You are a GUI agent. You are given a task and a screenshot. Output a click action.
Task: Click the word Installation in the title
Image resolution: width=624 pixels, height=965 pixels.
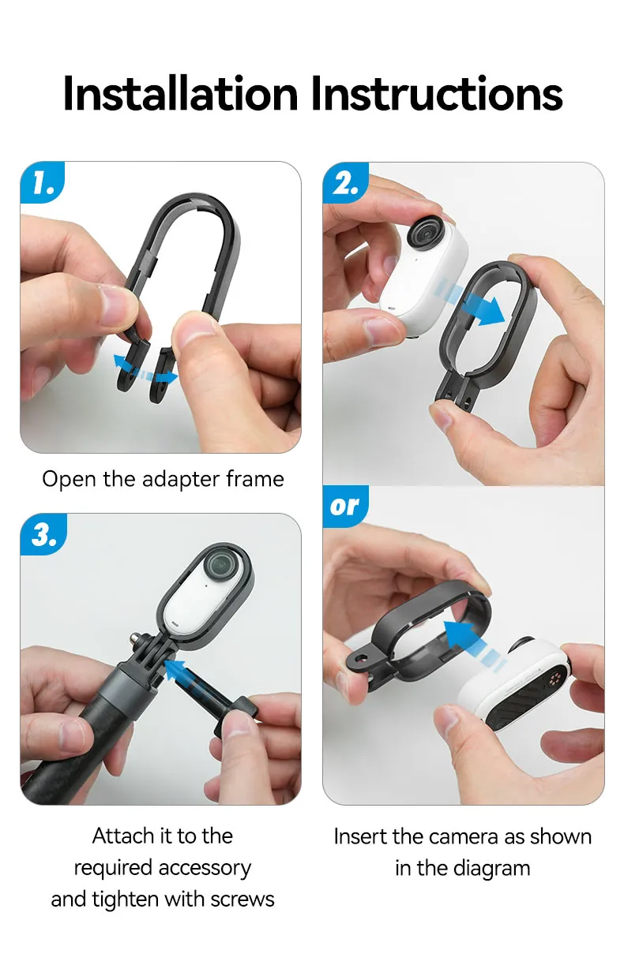(181, 94)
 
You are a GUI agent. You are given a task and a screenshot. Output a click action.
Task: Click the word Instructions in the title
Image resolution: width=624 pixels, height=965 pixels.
(436, 94)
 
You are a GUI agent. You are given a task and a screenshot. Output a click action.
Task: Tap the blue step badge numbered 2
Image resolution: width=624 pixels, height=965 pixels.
(346, 184)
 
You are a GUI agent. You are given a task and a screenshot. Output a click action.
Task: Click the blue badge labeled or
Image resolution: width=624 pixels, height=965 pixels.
(344, 506)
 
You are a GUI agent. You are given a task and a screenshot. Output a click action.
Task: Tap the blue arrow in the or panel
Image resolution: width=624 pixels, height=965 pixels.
(471, 639)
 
